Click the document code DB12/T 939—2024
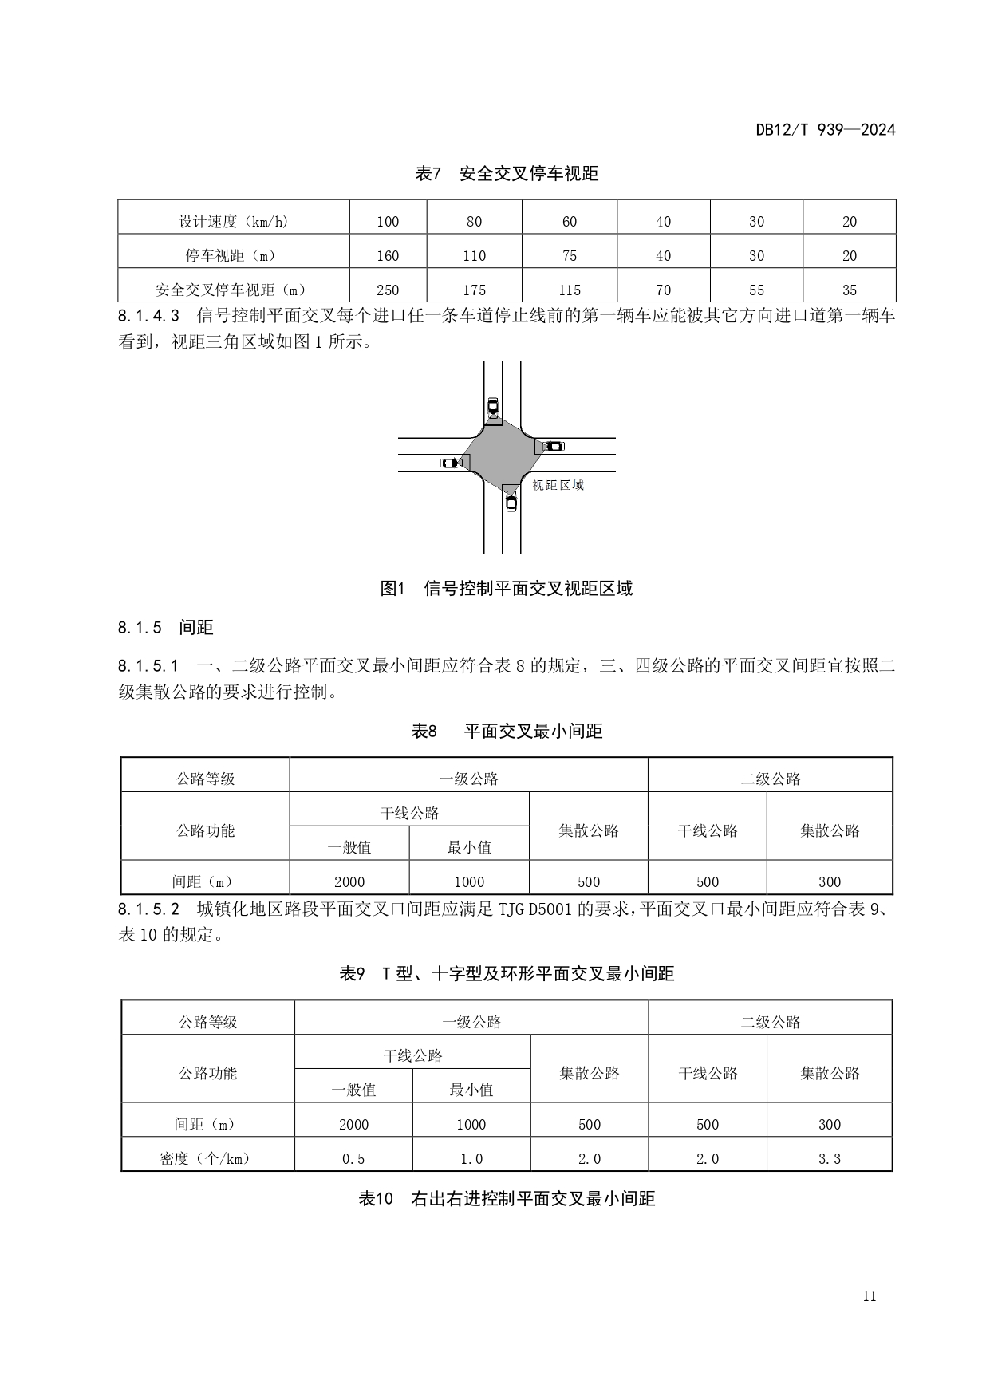pos(826,130)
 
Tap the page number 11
pos(869,1295)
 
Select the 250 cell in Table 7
pos(388,290)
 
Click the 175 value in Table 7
pos(474,290)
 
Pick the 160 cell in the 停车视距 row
pos(388,256)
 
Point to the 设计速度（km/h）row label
pos(233,222)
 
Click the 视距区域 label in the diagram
pos(558,485)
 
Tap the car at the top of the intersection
pos(493,407)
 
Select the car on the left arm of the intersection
pos(451,463)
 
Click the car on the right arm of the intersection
pos(553,446)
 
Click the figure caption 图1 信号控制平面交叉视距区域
pos(507,589)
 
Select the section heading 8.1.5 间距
pos(166,628)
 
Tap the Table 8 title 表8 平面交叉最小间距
pos(507,731)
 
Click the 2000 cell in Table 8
pos(349,881)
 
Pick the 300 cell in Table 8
pos(830,881)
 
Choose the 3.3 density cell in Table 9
pos(830,1159)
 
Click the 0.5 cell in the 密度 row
pos(353,1159)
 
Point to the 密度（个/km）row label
pos(207,1159)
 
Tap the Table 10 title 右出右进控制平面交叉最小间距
pos(507,1199)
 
